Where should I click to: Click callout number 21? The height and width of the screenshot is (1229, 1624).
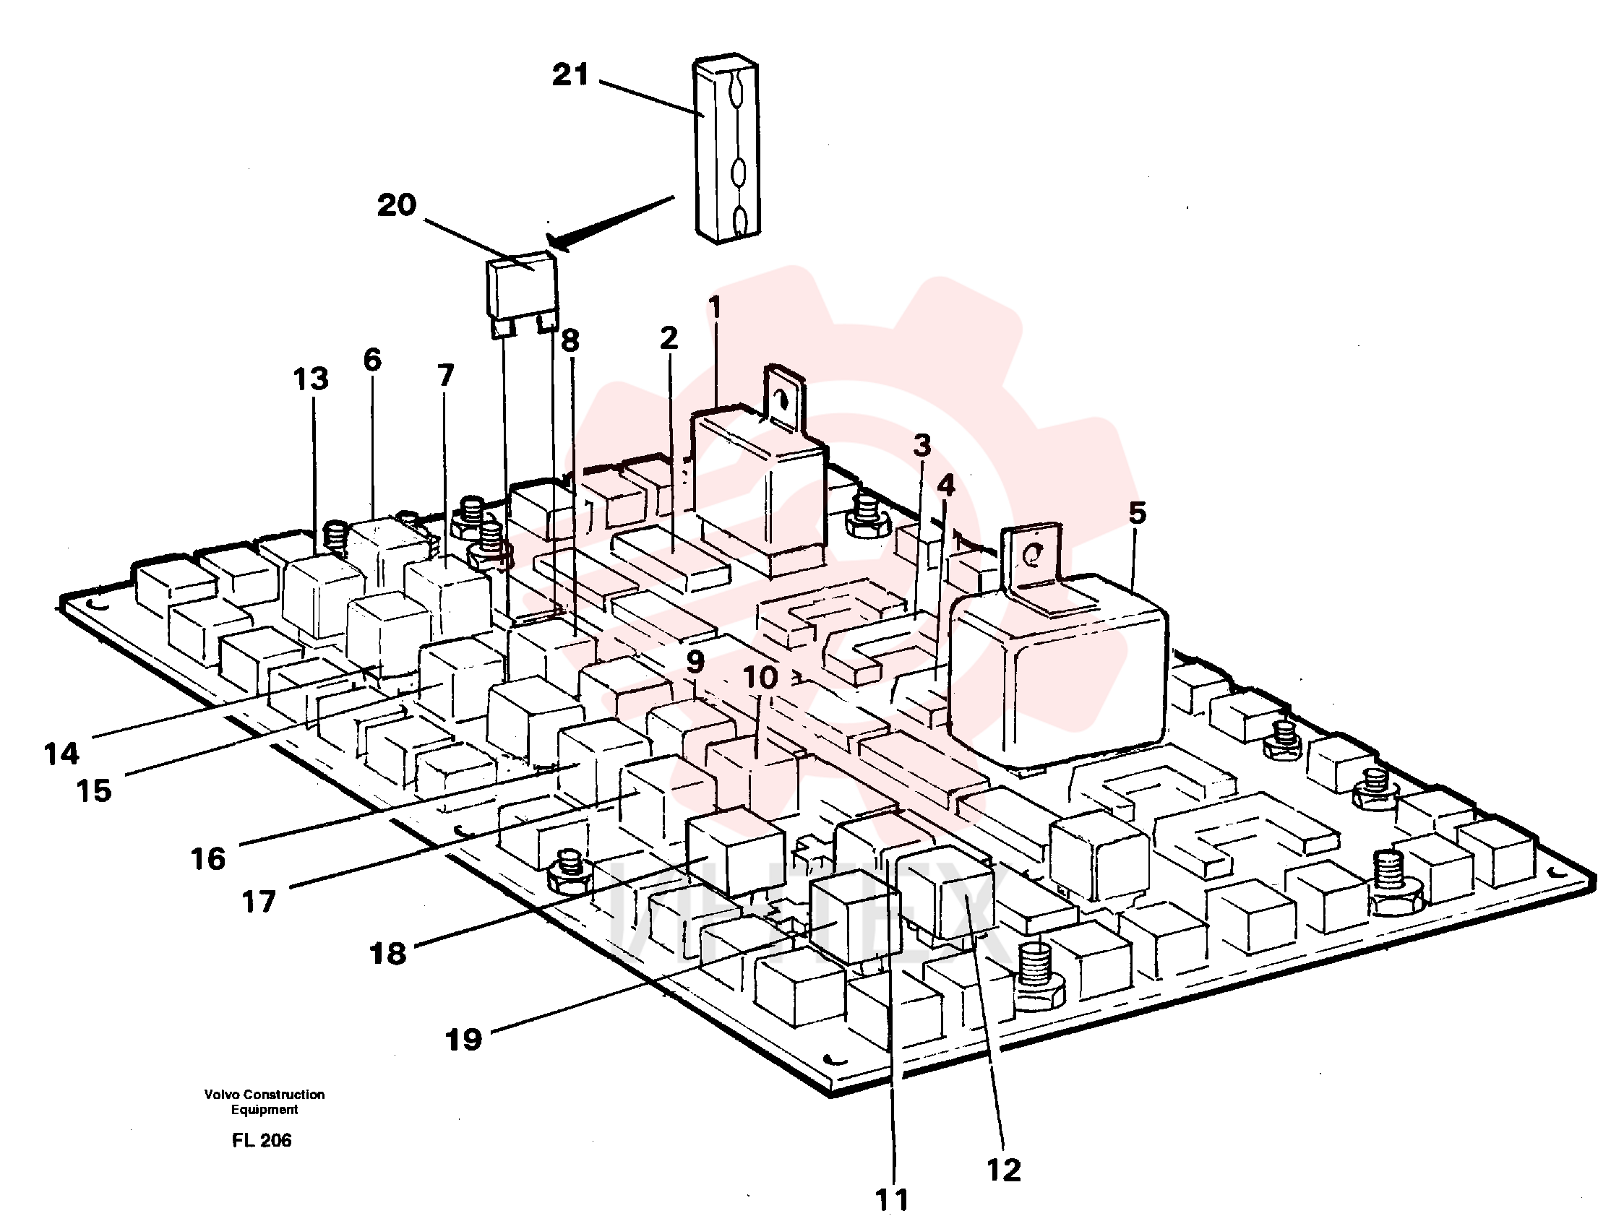pos(570,75)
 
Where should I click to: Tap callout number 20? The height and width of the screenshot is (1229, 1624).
pos(397,205)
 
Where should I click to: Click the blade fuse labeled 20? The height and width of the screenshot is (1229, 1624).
pos(523,294)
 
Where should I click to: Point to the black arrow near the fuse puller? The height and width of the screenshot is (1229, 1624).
pos(609,223)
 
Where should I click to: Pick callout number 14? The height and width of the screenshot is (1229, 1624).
pos(61,754)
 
